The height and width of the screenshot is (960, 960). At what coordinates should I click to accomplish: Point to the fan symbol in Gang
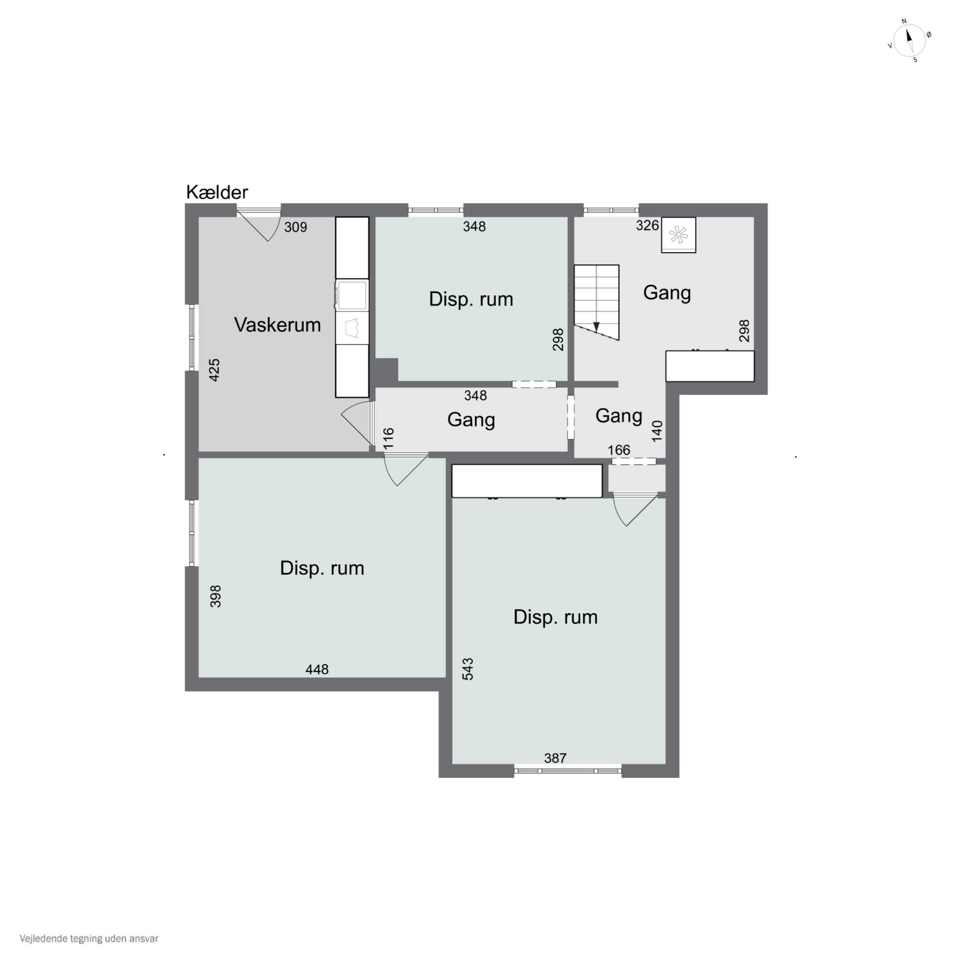pyautogui.click(x=678, y=235)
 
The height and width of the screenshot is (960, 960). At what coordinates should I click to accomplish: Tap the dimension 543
pyautogui.click(x=468, y=669)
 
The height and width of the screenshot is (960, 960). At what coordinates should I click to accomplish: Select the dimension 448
pyautogui.click(x=317, y=669)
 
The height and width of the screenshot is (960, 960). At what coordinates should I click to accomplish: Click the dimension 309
pyautogui.click(x=296, y=227)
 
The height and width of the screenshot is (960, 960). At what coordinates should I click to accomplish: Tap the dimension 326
pyautogui.click(x=647, y=226)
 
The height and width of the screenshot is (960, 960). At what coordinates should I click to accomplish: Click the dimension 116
pyautogui.click(x=388, y=438)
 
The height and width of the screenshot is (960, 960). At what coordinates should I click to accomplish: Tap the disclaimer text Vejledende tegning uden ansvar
pyautogui.click(x=89, y=939)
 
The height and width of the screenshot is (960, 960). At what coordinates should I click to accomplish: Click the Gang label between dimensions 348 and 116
pyautogui.click(x=471, y=420)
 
